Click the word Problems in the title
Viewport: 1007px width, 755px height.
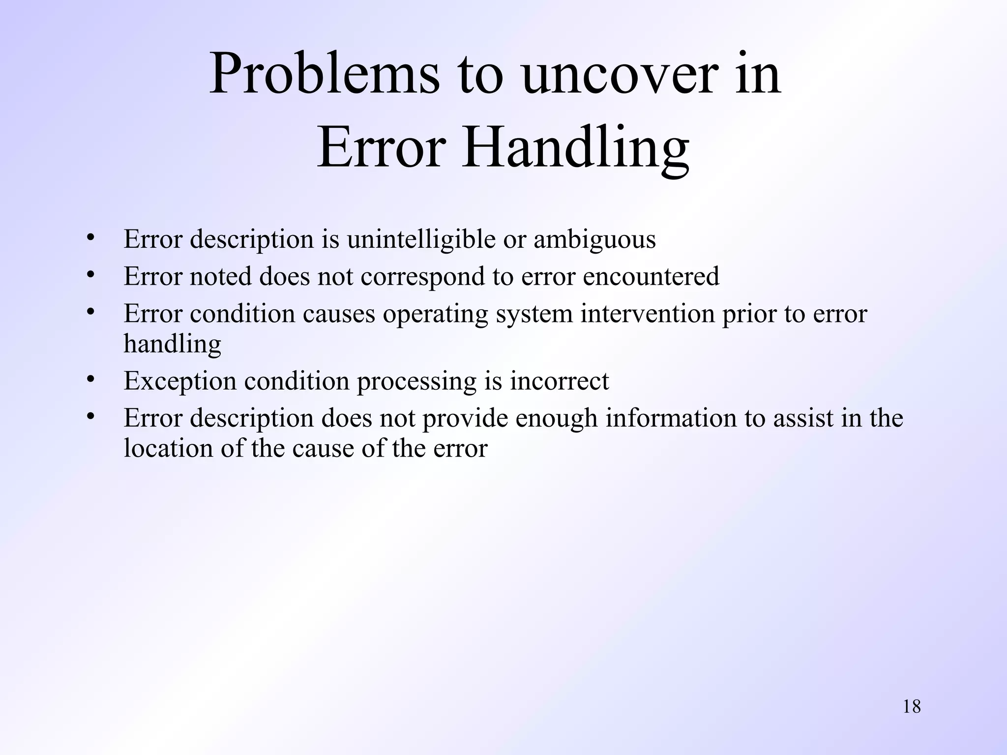(x=324, y=75)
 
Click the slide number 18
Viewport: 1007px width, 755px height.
(x=912, y=706)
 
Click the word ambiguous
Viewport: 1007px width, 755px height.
(x=594, y=240)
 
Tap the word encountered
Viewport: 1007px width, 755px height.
(x=651, y=276)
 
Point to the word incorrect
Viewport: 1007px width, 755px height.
(x=559, y=381)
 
